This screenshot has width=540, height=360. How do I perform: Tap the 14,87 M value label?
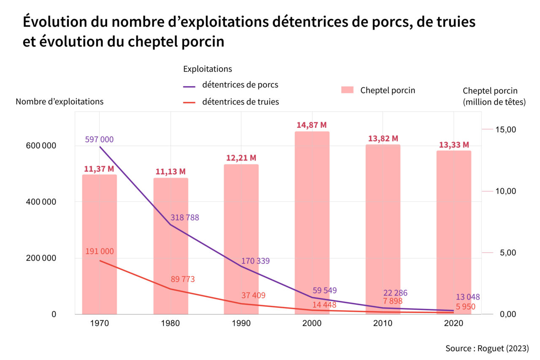(x=312, y=125)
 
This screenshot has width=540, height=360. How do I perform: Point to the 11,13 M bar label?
(x=170, y=171)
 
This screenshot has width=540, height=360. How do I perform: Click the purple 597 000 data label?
(x=99, y=139)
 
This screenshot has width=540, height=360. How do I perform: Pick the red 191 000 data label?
(x=100, y=251)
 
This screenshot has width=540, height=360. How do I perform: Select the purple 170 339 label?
(x=255, y=261)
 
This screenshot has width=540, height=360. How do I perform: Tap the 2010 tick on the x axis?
(x=383, y=323)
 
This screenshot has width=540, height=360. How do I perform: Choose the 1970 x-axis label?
(x=100, y=323)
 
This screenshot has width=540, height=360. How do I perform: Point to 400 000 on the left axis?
(x=40, y=202)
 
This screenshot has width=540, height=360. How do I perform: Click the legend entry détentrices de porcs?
(x=240, y=84)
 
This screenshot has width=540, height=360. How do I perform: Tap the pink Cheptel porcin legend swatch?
(x=347, y=90)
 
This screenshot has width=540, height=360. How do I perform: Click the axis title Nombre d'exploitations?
(x=59, y=101)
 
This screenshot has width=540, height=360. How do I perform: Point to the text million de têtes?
(x=494, y=102)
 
